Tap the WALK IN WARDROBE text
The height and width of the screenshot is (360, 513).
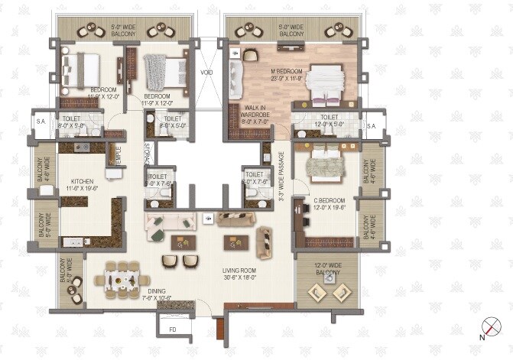click(x=255, y=114)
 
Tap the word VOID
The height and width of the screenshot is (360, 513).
click(x=206, y=73)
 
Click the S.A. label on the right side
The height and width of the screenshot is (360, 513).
click(x=372, y=126)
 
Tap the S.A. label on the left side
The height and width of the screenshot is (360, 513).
click(x=40, y=119)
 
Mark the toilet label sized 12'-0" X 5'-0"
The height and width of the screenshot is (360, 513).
click(x=326, y=121)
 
